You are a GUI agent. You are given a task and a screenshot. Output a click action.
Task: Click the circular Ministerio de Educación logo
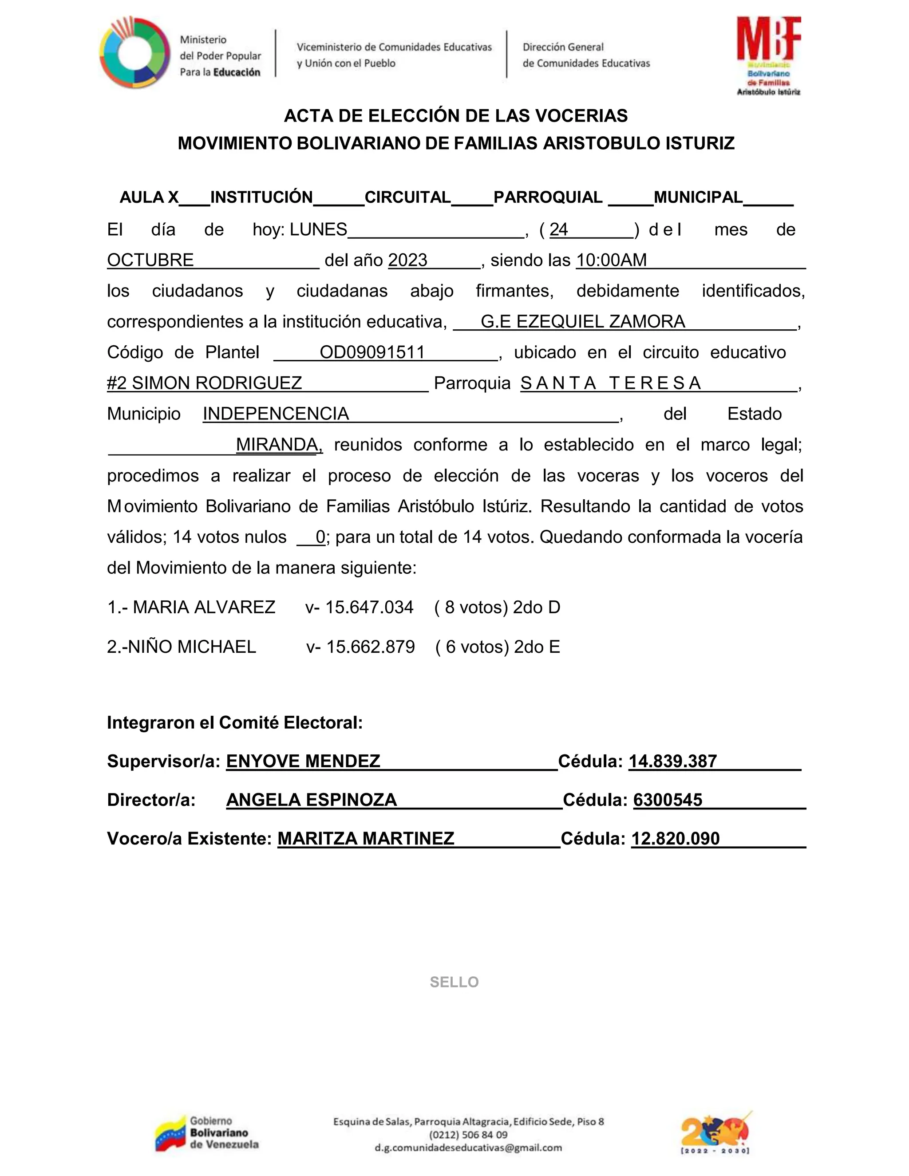click(x=134, y=53)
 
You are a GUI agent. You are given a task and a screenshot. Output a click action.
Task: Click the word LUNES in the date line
click(x=318, y=230)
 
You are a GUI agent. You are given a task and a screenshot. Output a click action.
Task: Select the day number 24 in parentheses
click(x=558, y=230)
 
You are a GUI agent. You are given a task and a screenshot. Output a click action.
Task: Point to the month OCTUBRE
click(x=150, y=260)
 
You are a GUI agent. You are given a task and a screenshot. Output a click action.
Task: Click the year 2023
click(x=407, y=260)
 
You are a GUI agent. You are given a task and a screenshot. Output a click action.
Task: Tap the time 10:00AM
click(x=611, y=260)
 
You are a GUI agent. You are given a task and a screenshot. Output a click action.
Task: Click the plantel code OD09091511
click(x=372, y=352)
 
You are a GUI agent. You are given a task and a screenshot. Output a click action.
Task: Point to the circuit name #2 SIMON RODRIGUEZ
click(x=205, y=383)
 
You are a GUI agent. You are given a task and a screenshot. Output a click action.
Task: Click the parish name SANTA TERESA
click(x=610, y=383)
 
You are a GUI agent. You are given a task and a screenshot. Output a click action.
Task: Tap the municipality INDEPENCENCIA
click(x=276, y=414)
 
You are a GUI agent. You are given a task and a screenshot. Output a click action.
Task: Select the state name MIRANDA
click(x=278, y=445)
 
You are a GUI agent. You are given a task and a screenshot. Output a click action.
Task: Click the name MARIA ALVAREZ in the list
click(x=204, y=608)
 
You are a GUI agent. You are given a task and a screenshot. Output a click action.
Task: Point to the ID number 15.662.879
click(x=371, y=647)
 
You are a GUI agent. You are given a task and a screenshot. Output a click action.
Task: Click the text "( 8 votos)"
click(x=470, y=608)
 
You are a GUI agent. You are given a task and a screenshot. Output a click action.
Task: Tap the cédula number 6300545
click(x=668, y=800)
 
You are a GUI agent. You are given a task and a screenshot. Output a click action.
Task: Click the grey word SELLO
click(x=454, y=982)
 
